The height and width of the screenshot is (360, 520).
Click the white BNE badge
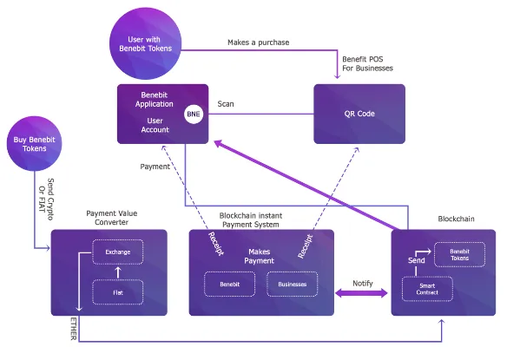[x=194, y=114]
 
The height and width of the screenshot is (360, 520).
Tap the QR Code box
[x=359, y=114]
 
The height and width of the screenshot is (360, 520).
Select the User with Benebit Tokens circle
[x=146, y=43]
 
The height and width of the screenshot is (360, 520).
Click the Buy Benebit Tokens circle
[x=34, y=143]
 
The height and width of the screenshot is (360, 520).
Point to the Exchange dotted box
[x=118, y=252]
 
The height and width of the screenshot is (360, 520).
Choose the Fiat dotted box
[x=118, y=292]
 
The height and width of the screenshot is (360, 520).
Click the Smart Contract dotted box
[x=427, y=289]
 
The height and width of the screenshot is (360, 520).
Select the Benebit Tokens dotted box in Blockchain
[x=459, y=254]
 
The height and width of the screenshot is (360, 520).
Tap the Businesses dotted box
[x=293, y=284]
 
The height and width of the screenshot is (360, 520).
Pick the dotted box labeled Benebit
[x=229, y=284]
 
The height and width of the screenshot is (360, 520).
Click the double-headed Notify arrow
[x=361, y=293]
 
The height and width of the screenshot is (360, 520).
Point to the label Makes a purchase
[x=259, y=43]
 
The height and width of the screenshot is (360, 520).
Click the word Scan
[x=226, y=104]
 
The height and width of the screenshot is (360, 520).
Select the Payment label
[x=155, y=167]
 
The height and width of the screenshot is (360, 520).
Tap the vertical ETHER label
[x=74, y=329]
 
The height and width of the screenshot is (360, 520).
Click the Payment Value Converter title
[x=112, y=218]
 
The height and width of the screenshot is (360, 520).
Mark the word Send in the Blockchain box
[x=416, y=260]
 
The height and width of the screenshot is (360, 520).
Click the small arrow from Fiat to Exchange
[x=118, y=272]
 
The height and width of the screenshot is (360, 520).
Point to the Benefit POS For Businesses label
[x=367, y=63]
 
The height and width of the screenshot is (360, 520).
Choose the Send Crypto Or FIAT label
[x=46, y=199]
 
